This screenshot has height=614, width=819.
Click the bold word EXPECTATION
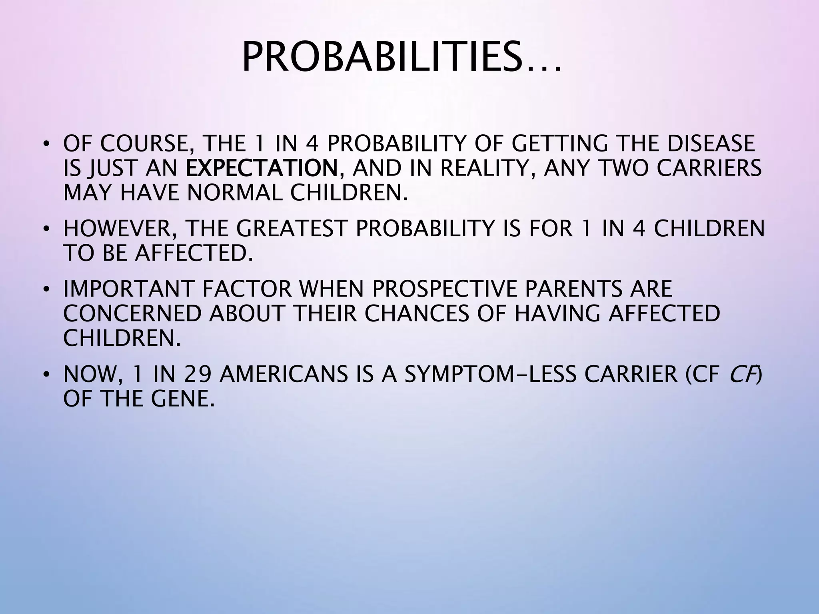click(262, 168)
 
